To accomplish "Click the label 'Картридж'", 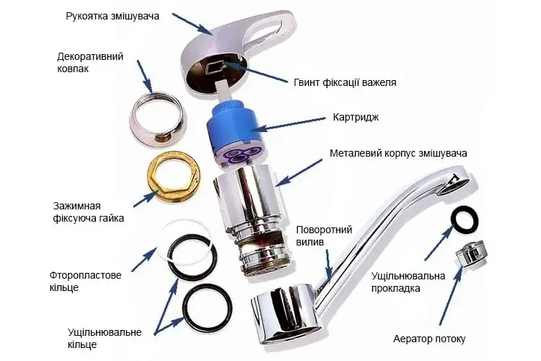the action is (x=356, y=117).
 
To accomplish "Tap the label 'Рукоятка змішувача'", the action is (x=113, y=16).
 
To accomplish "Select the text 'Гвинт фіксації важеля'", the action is (x=345, y=82).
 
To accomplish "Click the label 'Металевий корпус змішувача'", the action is (x=398, y=153).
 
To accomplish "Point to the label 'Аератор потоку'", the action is (x=429, y=339).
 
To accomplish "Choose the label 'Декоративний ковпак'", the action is (x=90, y=62).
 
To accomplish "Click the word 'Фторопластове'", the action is (x=85, y=276).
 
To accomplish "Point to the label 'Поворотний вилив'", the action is (x=324, y=235).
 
